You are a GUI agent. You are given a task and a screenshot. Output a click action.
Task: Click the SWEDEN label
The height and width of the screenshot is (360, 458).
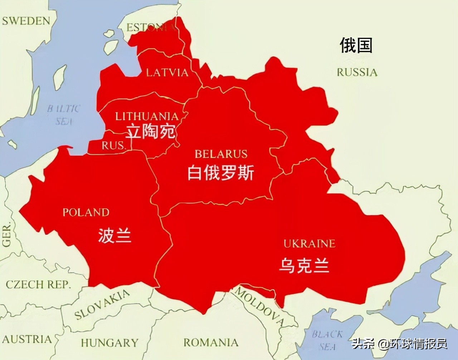tap(26, 21)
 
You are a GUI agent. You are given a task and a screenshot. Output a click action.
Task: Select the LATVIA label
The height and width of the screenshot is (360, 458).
tap(167, 73)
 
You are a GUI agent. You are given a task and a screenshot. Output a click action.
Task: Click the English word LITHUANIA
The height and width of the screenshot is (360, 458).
tap(147, 116)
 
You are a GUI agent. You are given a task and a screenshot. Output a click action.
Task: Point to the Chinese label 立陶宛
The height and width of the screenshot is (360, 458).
tap(151, 132)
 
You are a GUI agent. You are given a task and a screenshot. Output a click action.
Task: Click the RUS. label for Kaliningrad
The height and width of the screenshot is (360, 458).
tap(114, 145)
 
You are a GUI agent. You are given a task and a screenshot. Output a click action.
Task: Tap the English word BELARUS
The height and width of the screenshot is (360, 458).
tap(221, 154)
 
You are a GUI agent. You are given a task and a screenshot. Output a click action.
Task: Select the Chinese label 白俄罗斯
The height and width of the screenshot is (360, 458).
tap(221, 173)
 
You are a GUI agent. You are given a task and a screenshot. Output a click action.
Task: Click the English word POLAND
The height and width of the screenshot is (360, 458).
tap(86, 212)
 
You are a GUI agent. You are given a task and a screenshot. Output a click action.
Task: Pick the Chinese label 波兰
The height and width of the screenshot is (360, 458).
tap(114, 236)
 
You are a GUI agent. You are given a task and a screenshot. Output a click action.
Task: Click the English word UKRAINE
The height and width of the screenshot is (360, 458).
tap(310, 244)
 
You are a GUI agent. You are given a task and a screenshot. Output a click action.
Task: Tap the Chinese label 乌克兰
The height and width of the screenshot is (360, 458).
tap(304, 266)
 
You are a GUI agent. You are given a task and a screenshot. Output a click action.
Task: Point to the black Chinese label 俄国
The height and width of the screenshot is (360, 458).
tap(356, 45)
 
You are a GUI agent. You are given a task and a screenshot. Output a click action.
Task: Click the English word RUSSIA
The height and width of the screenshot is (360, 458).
tap(357, 72)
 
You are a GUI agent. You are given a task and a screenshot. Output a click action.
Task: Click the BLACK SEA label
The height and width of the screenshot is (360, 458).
tap(327, 340)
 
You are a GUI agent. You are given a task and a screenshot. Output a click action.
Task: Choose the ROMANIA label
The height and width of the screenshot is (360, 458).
tap(211, 342)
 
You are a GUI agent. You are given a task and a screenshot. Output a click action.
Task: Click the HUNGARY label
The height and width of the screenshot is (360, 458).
tap(109, 343)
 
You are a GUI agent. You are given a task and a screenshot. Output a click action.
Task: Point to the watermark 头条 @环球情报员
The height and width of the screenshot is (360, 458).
tap(399, 344)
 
